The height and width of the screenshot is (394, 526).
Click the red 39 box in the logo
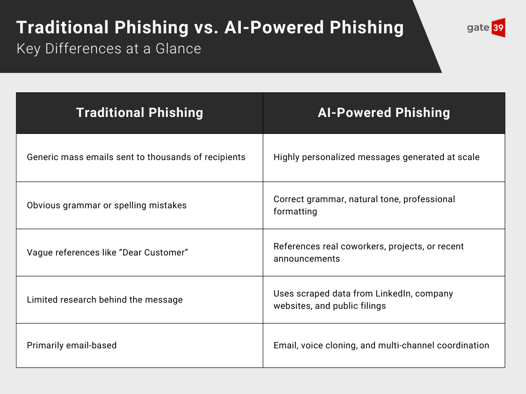[x=498, y=28]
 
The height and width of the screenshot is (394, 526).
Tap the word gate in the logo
[x=478, y=28]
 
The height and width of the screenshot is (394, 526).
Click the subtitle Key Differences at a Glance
[x=108, y=49]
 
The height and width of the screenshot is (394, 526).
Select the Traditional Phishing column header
[x=139, y=113]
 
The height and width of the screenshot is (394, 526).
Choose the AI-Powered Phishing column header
[x=384, y=113]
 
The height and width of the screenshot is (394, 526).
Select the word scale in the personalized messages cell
[x=468, y=157]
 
